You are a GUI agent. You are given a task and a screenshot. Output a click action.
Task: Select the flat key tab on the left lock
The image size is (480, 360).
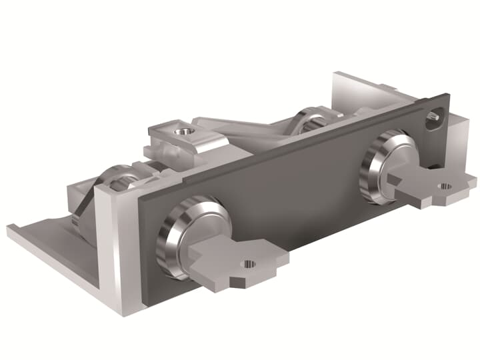click(x=230, y=263)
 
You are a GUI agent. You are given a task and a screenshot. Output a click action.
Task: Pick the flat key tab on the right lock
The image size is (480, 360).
click(x=427, y=187)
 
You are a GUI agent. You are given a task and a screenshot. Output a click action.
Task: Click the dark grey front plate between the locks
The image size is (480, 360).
click(x=287, y=193)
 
